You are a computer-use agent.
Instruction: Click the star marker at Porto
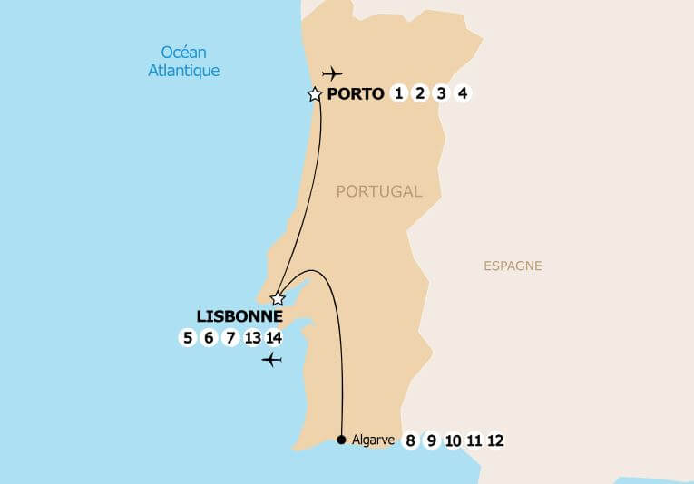[x=315, y=94]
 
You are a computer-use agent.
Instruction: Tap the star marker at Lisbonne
[x=279, y=298]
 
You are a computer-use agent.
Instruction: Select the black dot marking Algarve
[x=341, y=440]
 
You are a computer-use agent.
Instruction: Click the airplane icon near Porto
[x=333, y=73]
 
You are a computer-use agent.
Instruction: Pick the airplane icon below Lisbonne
[x=271, y=360]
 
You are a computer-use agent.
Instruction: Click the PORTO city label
[x=356, y=94]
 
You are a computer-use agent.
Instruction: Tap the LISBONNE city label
[x=239, y=317]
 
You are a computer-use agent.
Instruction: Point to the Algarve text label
[x=373, y=440]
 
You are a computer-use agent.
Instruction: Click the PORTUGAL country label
[x=379, y=191]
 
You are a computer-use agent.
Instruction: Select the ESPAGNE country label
[x=513, y=266]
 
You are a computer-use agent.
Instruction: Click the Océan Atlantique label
[x=190, y=62]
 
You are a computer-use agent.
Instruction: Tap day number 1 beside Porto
[x=398, y=93]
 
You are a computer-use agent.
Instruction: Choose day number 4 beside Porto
[x=463, y=93]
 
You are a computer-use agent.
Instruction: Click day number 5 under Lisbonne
[x=188, y=338]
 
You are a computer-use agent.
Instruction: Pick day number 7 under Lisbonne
[x=230, y=338]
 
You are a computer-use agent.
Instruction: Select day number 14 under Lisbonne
[x=274, y=338]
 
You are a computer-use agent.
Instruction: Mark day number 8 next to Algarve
[x=410, y=441]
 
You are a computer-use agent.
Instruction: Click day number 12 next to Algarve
[x=495, y=441]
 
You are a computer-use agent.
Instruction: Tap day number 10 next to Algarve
[x=454, y=441]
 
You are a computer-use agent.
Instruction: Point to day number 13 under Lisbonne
[x=253, y=338]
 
